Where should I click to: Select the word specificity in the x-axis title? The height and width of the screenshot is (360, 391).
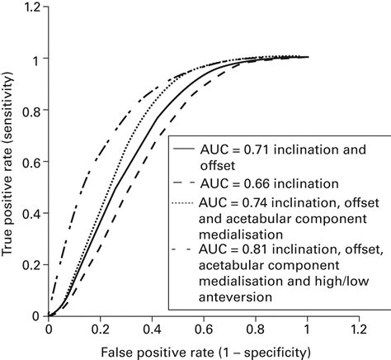[x=266, y=352]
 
